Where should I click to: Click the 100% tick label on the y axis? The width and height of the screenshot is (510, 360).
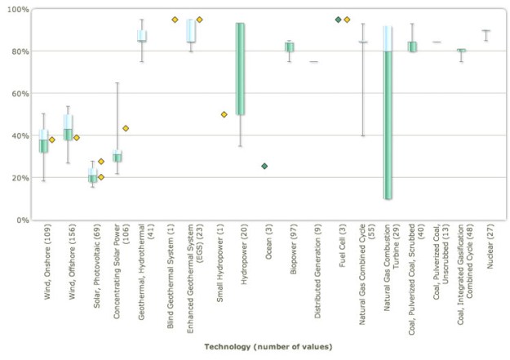point(16,9)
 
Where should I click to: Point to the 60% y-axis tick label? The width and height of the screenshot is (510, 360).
point(19,93)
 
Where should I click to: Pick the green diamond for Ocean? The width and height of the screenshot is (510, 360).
point(264,166)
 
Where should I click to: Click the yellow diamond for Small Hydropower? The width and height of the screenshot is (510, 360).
point(224,114)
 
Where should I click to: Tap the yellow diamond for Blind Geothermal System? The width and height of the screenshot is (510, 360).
point(175,19)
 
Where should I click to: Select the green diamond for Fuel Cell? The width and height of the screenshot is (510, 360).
point(338,19)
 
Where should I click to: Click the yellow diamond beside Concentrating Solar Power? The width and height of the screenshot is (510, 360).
point(126,128)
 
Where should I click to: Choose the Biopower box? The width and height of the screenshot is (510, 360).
point(289,47)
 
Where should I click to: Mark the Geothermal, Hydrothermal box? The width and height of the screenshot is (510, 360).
point(142,36)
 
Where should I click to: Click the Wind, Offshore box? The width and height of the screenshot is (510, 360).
point(69,127)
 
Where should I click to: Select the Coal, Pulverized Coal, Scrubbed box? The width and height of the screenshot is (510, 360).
point(412,47)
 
